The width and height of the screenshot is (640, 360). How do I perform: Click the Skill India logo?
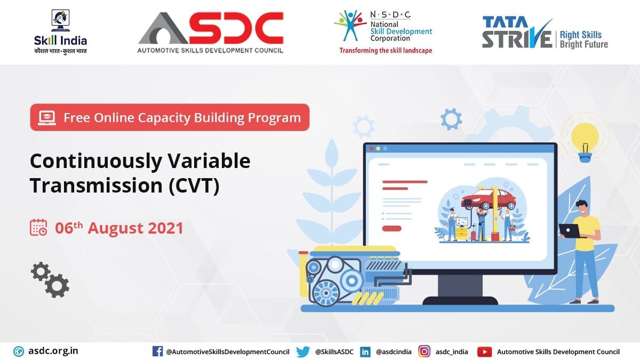click(x=60, y=31)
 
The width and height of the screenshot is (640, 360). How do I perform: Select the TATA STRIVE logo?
click(x=545, y=33)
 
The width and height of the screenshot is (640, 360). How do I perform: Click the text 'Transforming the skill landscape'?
click(x=386, y=51)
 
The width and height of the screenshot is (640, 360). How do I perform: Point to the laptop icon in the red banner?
click(x=47, y=118)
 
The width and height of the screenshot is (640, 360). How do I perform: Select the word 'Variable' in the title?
click(x=209, y=161)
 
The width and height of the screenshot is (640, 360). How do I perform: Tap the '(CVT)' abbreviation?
click(x=194, y=186)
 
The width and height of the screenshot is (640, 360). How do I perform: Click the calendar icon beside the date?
click(x=38, y=227)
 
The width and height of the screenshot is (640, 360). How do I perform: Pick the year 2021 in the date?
click(x=166, y=228)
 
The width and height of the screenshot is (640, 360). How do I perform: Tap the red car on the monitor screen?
click(x=489, y=198)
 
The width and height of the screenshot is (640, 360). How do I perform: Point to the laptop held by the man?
click(x=570, y=231)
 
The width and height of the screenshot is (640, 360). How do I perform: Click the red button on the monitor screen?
click(x=391, y=228)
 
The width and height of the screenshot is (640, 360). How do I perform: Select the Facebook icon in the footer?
click(x=157, y=351)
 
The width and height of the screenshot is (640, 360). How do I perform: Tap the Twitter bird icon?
click(x=303, y=351)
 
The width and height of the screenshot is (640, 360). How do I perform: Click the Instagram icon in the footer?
click(x=425, y=351)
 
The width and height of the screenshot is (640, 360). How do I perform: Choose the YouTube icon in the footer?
click(x=484, y=351)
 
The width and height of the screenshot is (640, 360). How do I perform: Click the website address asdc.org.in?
click(x=53, y=351)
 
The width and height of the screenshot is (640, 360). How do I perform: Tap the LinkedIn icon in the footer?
click(x=365, y=351)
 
